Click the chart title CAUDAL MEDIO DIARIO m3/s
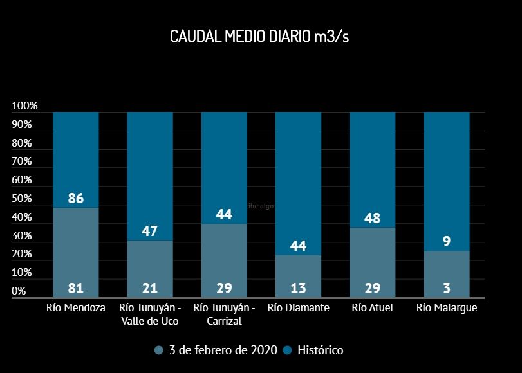pos(259,36)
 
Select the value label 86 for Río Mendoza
pos(76,198)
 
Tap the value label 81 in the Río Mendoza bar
pos(76,288)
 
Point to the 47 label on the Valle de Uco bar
pos(150,231)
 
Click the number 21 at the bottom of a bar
pos(150,288)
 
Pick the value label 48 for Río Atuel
pos(372,218)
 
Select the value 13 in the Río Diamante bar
pos(298,288)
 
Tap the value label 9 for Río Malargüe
pos(447,242)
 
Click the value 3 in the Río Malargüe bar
pos(447,288)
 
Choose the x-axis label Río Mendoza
pos(76,308)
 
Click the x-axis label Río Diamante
pos(298,308)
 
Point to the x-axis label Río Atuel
pos(372,308)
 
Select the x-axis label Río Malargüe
pos(447,308)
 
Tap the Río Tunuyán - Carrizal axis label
pos(224,314)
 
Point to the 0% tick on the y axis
pos(19,291)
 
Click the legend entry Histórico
pos(319,350)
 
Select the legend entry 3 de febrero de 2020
pos(223,350)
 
